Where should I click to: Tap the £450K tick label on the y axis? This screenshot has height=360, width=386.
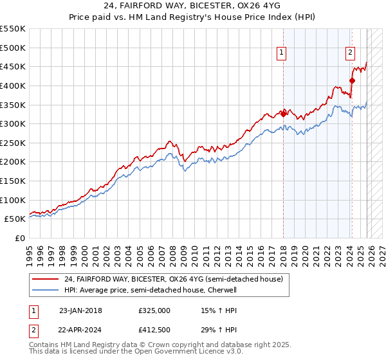pyautogui.click(x=13, y=66)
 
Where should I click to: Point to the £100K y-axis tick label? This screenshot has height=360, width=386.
pyautogui.click(x=13, y=200)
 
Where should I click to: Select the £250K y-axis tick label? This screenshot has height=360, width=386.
pyautogui.click(x=13, y=143)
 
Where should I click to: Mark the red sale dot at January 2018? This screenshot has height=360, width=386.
pyautogui.click(x=283, y=114)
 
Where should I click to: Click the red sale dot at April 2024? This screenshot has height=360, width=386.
pyautogui.click(x=352, y=80)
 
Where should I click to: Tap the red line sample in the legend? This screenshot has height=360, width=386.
pyautogui.click(x=46, y=279)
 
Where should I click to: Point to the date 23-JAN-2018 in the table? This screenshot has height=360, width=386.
pyautogui.click(x=80, y=310)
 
